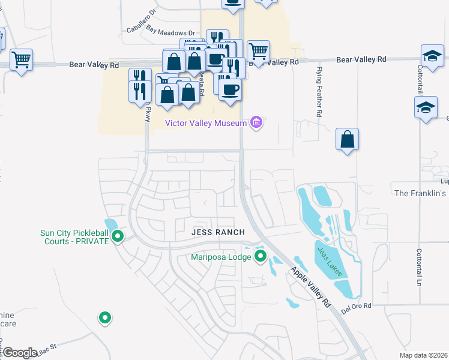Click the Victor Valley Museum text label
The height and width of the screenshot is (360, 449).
click(206, 123)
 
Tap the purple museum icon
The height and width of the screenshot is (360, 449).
click(256, 123)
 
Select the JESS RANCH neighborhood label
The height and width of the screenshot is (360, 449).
click(218, 232)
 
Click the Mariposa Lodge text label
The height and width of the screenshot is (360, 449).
click(221, 257)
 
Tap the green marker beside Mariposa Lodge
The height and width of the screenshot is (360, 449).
click(261, 257)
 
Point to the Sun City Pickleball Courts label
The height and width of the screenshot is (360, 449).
click(74, 237)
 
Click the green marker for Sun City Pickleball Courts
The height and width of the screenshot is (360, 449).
click(118, 236)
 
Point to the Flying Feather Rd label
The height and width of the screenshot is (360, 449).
click(319, 92)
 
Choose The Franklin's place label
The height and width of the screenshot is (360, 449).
click(421, 193)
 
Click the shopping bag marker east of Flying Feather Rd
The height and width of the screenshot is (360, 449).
click(347, 140)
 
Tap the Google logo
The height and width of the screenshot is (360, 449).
click(20, 352)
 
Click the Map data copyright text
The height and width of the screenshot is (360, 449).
click(423, 355)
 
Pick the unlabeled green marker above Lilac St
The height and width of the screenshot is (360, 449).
click(105, 317)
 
